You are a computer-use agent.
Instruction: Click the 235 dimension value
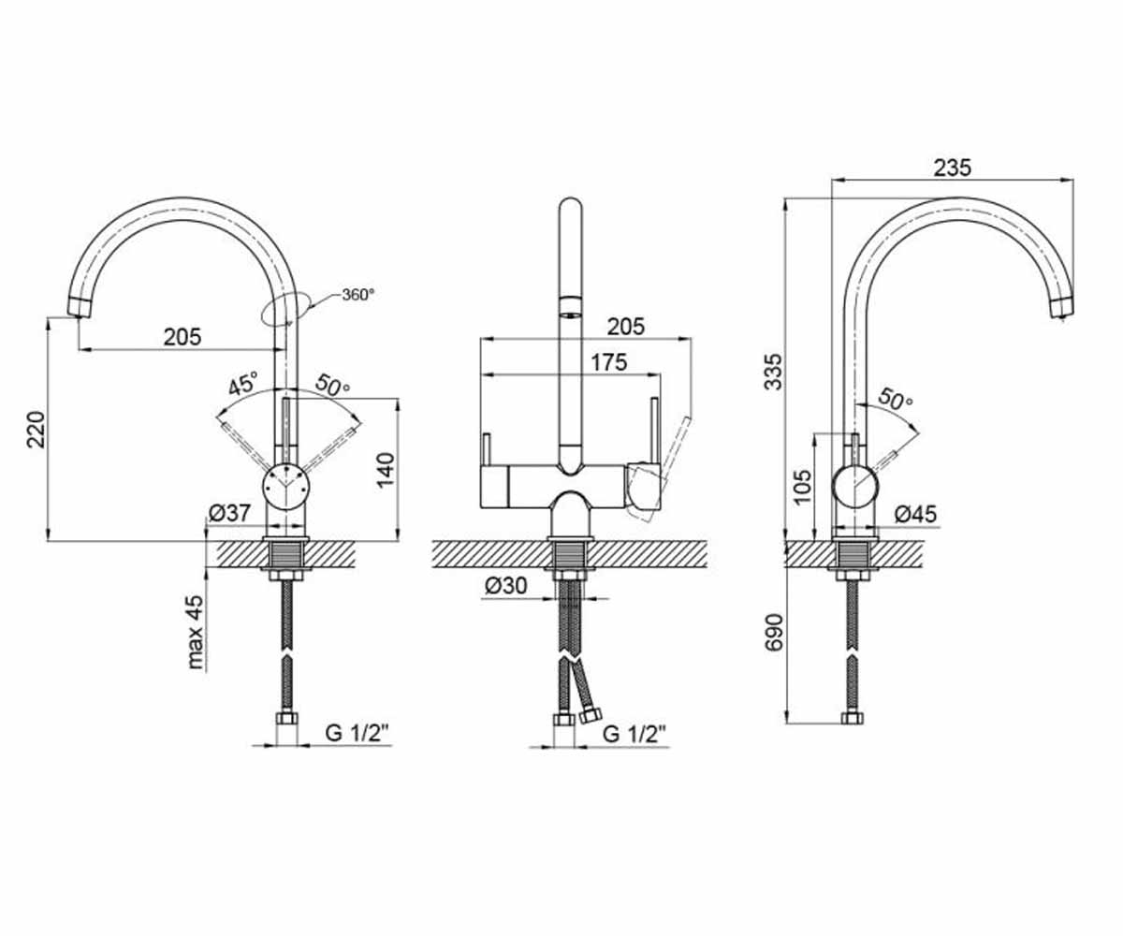(953, 168)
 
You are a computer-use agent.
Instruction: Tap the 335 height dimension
(773, 372)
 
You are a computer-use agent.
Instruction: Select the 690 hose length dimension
(773, 632)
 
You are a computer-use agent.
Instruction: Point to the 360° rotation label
(358, 294)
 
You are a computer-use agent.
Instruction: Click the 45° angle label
(243, 384)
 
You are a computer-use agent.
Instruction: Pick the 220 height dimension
(36, 430)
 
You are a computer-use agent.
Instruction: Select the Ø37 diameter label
(229, 513)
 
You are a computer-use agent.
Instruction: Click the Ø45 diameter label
(915, 514)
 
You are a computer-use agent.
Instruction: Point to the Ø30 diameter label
(506, 586)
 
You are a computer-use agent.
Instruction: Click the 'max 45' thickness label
(195, 632)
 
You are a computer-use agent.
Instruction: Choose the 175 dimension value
(608, 362)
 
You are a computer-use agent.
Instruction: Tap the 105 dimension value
(802, 487)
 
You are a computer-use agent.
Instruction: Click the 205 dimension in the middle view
(625, 326)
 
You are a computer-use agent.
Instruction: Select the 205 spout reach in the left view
(182, 337)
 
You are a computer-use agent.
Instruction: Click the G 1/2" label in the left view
(357, 733)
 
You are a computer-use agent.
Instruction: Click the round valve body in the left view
(285, 487)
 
